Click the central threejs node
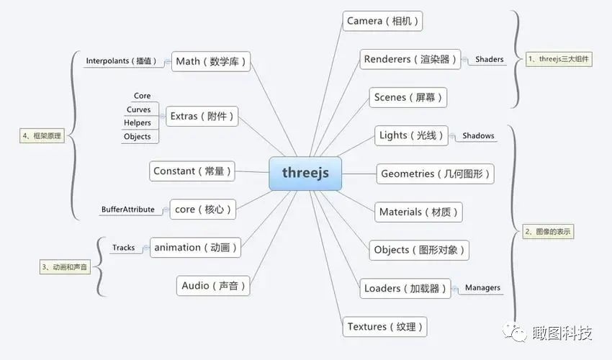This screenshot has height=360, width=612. [x=305, y=173]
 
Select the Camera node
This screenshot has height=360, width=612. [x=382, y=21]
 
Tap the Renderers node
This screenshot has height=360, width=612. [x=410, y=59]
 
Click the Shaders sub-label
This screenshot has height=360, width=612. [x=489, y=60]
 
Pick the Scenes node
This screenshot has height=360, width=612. [x=408, y=97]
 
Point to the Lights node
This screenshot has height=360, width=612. [x=412, y=135]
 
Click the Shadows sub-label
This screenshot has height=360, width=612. [x=478, y=135]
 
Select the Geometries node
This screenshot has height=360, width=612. [x=435, y=174]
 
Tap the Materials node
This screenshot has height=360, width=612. [x=419, y=212]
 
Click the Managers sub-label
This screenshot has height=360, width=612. [x=482, y=288]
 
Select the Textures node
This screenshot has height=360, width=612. [x=385, y=326]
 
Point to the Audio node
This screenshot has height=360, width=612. [x=214, y=286]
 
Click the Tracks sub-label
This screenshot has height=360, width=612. [x=123, y=248]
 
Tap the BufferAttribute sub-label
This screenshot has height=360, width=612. [x=128, y=210]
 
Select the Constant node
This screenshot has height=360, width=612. [x=192, y=171]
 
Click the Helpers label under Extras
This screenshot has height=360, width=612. [x=138, y=123]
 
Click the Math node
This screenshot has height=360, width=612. [x=212, y=61]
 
